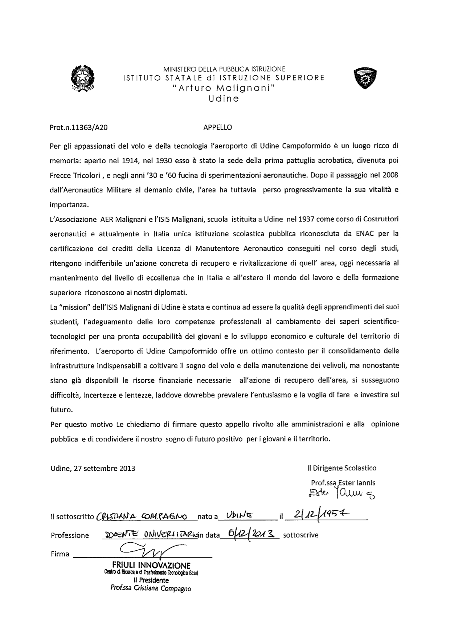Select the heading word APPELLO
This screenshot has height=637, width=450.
click(217, 127)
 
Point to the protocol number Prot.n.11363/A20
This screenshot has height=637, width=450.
click(78, 128)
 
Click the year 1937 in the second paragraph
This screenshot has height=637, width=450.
click(306, 219)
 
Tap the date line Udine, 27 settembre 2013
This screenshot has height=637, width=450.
click(93, 468)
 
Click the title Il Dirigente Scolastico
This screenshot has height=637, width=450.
click(341, 468)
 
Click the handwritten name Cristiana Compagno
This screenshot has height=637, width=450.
click(142, 516)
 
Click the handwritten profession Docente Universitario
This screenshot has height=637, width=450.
click(151, 535)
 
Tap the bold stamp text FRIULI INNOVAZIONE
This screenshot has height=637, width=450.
click(151, 565)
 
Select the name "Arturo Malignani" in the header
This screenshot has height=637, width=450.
click(224, 88)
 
